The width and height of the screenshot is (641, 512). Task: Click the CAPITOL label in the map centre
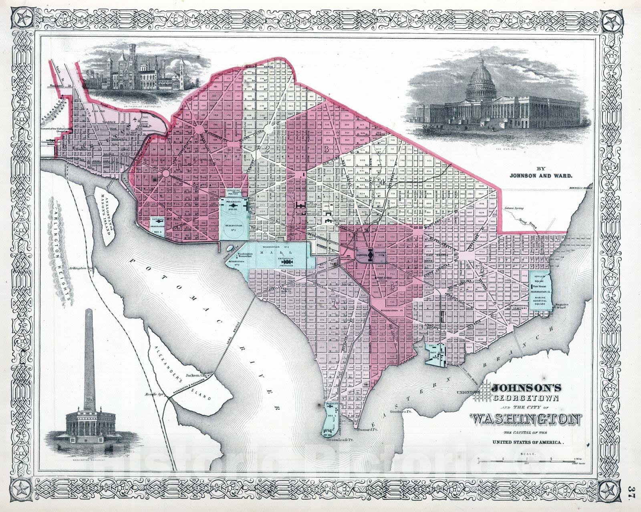pos(362,254)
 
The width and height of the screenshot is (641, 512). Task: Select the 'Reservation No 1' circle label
pos(234,226)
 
